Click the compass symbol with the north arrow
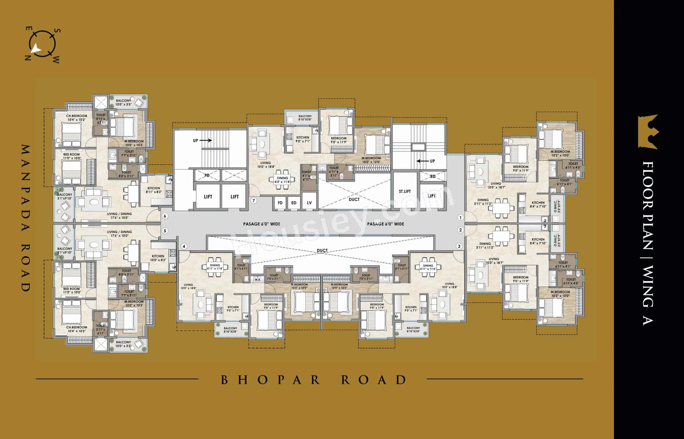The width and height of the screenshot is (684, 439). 42,44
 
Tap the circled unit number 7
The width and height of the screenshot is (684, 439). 253,200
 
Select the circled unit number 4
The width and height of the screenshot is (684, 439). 184,246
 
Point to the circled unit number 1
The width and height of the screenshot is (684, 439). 460,218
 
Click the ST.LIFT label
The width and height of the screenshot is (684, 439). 405,191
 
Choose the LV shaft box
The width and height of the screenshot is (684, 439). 309,203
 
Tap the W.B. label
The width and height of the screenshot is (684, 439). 257,279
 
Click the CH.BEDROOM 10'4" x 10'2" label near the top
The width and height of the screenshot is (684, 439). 76,118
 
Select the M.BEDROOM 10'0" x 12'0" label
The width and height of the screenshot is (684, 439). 371,160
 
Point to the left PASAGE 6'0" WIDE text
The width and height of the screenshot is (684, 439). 261,224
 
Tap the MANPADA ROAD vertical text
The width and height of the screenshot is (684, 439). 26,218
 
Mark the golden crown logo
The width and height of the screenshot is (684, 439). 648,132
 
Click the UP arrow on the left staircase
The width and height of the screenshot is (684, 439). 205,140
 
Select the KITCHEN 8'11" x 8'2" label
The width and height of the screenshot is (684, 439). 154,190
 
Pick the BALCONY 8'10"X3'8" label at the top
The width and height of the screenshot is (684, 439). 305,118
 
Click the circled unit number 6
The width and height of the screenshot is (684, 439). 165,216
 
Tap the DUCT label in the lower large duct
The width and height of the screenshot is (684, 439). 322,250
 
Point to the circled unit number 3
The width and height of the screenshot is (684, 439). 459,246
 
